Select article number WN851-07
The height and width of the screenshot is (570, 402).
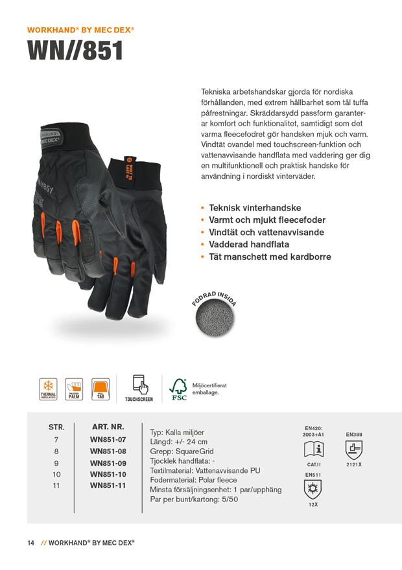coord(108,439)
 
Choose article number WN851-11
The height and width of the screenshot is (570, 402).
coord(108,485)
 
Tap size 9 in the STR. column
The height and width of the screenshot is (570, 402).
coord(56,462)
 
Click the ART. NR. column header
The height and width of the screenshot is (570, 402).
coord(108,427)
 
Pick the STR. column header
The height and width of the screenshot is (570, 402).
coord(56,427)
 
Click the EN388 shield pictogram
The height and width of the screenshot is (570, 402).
coord(354,449)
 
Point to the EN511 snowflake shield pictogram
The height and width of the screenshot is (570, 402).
coord(313,489)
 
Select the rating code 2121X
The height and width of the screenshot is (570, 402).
coord(354,464)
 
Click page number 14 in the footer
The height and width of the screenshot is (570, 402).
coord(30,542)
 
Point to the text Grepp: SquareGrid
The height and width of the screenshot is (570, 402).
coord(182,451)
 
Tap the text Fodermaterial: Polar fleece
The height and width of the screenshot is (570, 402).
coord(193,480)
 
